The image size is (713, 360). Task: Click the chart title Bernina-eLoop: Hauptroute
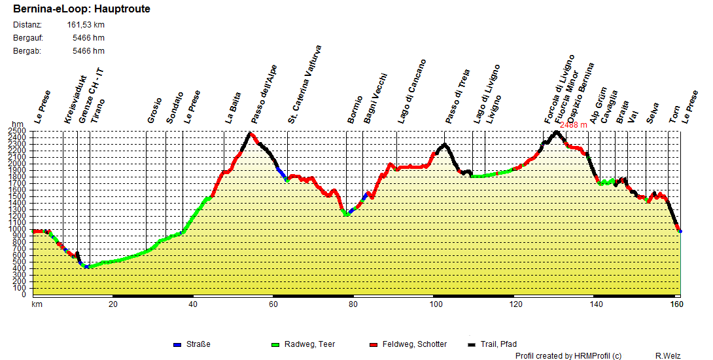[x=81, y=9]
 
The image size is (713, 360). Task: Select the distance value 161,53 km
[x=86, y=25]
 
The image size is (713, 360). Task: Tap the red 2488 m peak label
[x=574, y=125]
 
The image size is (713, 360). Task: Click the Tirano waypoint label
[x=97, y=111]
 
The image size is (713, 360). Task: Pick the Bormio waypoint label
[x=355, y=109]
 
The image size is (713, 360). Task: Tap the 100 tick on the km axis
[x=433, y=304]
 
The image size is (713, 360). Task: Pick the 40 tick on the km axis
[x=194, y=304]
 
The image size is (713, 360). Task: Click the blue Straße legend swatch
[x=177, y=344]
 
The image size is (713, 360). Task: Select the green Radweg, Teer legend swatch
[x=275, y=344]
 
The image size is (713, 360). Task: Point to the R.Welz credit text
[x=668, y=355]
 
